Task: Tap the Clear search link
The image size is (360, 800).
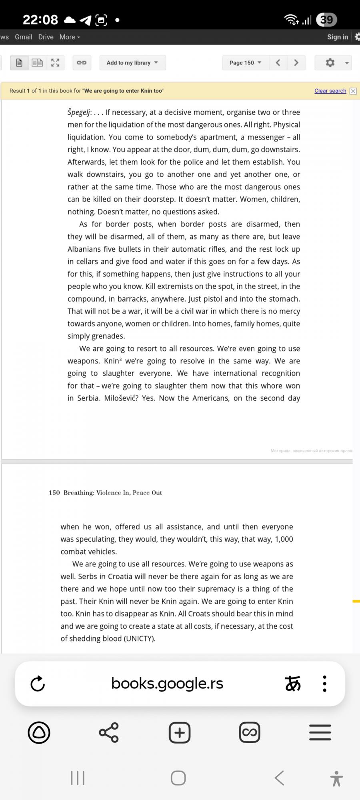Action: [330, 91]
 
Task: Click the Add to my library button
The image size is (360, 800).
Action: [132, 63]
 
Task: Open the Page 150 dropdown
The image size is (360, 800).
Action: [245, 63]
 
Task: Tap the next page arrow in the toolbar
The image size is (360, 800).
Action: [296, 63]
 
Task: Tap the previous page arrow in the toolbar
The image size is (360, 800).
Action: [278, 63]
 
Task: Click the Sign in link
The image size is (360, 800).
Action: [337, 37]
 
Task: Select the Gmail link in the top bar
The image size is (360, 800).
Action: [24, 37]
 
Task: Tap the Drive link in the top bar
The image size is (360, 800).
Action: [46, 37]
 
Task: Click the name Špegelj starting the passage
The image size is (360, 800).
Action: [79, 112]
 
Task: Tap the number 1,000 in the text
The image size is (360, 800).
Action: [284, 539]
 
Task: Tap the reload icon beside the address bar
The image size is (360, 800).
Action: [38, 684]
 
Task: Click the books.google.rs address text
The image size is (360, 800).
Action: [167, 683]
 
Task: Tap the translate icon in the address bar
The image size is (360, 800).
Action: [293, 684]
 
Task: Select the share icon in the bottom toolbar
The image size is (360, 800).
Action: [109, 732]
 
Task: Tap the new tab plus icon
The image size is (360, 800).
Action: [180, 732]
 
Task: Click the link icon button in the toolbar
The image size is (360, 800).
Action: [82, 63]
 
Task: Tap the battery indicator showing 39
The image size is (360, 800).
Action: [326, 20]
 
